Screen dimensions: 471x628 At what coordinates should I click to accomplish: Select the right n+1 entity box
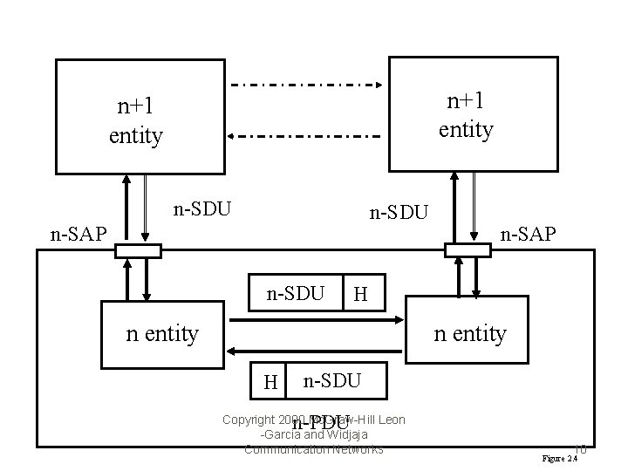472,114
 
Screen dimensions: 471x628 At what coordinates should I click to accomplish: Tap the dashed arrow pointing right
305,85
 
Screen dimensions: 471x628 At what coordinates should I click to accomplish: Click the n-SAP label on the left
78,233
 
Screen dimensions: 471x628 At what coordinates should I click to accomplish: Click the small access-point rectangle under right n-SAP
468,251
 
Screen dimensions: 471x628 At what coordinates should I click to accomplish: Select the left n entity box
161,332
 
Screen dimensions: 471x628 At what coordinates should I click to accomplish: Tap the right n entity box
469,332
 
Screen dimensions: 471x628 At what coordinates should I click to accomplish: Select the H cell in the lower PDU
270,380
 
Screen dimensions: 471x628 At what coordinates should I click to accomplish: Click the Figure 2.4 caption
559,458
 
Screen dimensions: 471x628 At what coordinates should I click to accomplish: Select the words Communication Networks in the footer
314,449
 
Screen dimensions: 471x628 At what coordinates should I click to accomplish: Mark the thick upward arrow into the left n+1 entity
128,209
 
